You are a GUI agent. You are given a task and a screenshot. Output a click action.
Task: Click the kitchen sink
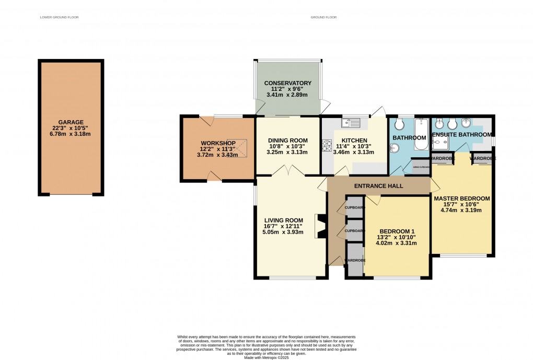(352, 123)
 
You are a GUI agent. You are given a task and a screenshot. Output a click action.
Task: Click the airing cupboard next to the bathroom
(421, 167)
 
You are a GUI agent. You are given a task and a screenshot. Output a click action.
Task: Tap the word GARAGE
(71, 122)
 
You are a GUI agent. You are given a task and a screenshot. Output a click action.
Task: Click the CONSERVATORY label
(287, 83)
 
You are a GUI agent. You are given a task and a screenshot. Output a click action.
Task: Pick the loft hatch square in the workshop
(241, 148)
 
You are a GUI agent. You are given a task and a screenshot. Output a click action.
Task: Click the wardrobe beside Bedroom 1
(354, 260)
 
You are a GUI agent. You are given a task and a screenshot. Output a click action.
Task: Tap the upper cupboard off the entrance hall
(354, 207)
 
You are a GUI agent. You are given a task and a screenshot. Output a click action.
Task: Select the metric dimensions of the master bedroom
(461, 211)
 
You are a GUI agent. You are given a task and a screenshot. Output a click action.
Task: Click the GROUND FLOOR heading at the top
(323, 17)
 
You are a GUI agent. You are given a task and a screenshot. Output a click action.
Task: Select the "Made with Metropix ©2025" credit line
(266, 356)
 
